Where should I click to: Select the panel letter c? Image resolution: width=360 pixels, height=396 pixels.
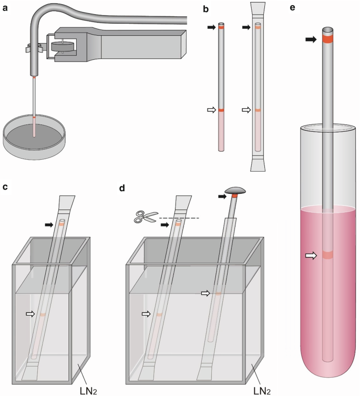pos(7,187)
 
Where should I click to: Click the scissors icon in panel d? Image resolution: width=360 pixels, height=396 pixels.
pos(142,217)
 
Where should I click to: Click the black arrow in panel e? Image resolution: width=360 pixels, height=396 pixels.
pos(311,39)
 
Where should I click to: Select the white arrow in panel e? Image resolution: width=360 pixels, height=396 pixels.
pos(312,255)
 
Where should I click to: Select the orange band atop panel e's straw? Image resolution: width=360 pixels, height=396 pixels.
pos(330,39)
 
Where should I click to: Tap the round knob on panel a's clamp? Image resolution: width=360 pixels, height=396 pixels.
pos(62,46)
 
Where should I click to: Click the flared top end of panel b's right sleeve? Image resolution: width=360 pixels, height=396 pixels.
pos(256,10)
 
